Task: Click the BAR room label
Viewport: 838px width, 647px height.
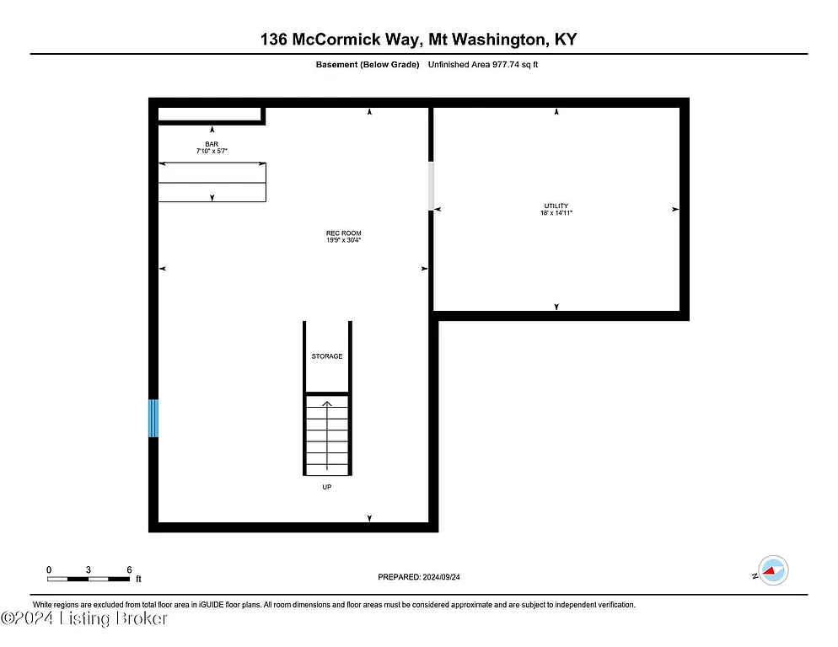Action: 212,144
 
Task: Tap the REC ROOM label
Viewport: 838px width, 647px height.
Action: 343,233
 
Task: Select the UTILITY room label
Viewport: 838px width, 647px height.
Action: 556,206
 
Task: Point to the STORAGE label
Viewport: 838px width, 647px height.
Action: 327,356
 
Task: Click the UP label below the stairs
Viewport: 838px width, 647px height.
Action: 326,487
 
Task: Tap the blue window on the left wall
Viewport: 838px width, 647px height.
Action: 153,418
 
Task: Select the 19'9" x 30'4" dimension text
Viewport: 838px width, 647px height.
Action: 343,241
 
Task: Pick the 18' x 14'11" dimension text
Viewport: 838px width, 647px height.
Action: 556,213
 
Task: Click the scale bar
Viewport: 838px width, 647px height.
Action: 89,579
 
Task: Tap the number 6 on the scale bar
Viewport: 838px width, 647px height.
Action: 129,569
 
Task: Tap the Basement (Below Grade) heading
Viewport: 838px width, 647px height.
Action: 367,64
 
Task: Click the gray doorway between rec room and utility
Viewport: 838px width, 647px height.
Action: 432,185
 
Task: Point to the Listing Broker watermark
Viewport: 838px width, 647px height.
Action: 84,619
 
